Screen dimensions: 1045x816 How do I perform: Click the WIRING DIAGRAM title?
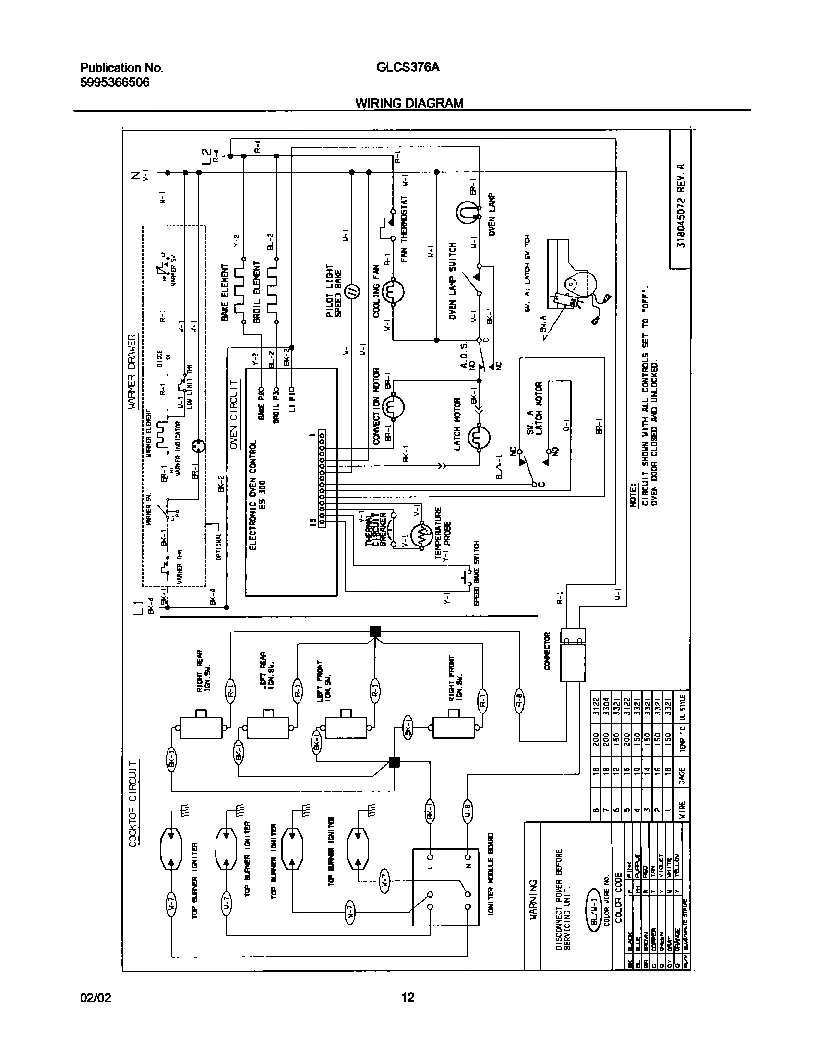pos(409,103)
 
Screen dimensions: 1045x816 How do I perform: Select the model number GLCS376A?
pos(408,68)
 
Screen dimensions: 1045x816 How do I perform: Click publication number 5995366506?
pos(114,83)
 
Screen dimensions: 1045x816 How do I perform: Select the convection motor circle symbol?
pos(394,407)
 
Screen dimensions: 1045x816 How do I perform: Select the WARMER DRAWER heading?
pos(132,372)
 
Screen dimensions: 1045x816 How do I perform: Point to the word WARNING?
pos(532,899)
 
